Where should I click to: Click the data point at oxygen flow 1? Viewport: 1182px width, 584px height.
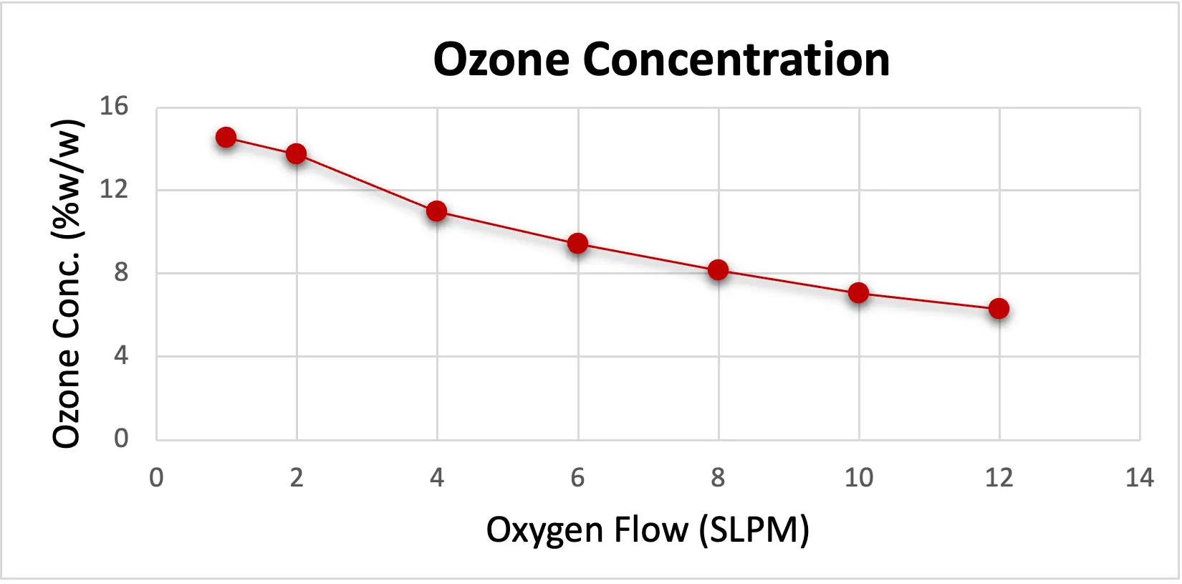(x=226, y=137)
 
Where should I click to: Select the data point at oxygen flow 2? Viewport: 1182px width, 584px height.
(x=296, y=153)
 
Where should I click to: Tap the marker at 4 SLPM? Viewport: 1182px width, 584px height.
(x=436, y=211)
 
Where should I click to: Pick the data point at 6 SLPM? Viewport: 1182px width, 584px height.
(x=577, y=244)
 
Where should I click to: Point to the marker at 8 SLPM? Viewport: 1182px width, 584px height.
(x=718, y=270)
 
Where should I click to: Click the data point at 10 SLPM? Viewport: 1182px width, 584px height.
(x=858, y=292)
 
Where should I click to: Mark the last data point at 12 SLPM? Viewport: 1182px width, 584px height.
(x=999, y=309)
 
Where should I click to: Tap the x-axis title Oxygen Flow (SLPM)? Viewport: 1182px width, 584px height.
(x=648, y=530)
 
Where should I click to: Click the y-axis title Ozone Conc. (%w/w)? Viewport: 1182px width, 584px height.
(x=67, y=284)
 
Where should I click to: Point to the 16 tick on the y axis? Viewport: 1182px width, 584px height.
(x=114, y=107)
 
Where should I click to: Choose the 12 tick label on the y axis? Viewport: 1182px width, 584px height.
(x=114, y=190)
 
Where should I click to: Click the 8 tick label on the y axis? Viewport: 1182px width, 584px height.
(x=120, y=273)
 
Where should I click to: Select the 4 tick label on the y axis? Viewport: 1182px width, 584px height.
(x=120, y=355)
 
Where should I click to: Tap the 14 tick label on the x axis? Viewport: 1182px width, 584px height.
(x=1139, y=477)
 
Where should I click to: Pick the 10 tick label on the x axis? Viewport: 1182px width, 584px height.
(x=858, y=477)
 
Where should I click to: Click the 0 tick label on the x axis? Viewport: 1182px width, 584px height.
(x=156, y=477)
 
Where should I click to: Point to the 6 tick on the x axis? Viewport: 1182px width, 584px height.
(x=577, y=477)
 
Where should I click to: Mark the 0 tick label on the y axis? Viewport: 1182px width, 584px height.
(x=120, y=438)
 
